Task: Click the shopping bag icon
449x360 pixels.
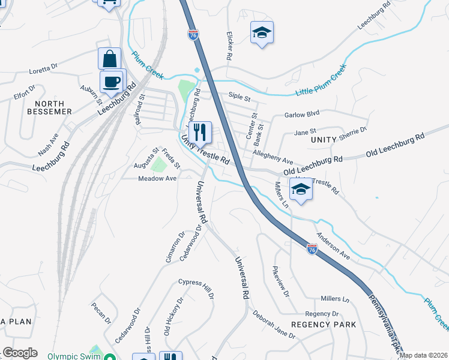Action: click(110, 59)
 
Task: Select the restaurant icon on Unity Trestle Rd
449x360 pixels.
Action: click(200, 131)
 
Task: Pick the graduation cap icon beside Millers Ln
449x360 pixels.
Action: click(301, 190)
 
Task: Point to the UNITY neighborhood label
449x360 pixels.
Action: click(325, 139)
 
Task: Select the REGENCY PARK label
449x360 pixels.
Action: click(324, 325)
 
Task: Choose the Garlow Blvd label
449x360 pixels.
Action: click(302, 113)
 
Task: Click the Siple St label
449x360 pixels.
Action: click(239, 95)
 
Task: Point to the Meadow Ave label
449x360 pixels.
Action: click(157, 178)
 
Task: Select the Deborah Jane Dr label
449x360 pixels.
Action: click(274, 325)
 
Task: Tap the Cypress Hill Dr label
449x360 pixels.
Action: click(191, 287)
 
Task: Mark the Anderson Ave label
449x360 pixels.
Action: click(333, 246)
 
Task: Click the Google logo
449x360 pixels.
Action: click(20, 353)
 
